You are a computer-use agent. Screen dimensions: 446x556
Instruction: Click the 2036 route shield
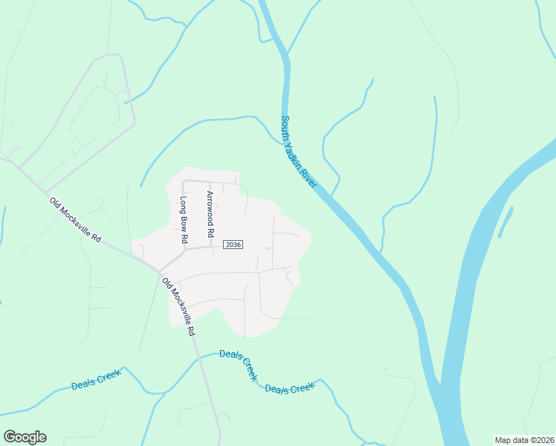(x=233, y=245)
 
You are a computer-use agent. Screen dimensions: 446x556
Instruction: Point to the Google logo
(x=25, y=437)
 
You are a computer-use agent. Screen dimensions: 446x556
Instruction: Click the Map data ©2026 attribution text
(x=524, y=439)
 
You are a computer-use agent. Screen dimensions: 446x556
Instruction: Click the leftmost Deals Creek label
(x=96, y=381)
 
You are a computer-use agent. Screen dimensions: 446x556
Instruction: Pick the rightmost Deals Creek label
(x=291, y=389)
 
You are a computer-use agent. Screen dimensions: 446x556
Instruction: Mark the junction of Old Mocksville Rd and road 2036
(x=158, y=271)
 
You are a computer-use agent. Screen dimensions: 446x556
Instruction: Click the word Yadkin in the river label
(x=299, y=153)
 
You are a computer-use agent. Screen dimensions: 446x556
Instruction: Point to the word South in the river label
(x=288, y=128)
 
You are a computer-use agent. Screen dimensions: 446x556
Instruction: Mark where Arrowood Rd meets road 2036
(x=212, y=248)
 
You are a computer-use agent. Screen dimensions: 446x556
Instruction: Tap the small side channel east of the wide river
(x=505, y=221)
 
